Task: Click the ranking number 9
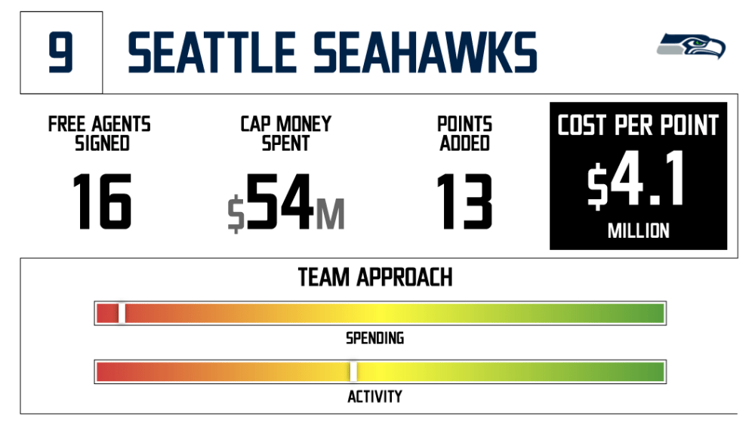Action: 60,53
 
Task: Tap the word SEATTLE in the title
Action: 212,53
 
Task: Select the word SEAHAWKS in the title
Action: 425,53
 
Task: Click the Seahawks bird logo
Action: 691,46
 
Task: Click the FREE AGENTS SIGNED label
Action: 100,134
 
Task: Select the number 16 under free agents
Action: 102,202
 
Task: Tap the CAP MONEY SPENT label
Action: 286,134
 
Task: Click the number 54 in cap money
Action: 280,202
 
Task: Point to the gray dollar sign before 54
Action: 236,214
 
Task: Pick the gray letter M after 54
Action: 331,214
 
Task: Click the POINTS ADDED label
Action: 464,134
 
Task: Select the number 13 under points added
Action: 464,202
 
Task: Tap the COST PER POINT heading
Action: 638,125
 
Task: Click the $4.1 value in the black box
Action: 636,179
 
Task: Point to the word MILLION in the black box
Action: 639,231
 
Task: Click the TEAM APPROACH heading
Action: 375,278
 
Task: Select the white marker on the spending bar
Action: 122,313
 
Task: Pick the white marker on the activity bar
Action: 353,372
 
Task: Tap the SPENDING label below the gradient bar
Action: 375,338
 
